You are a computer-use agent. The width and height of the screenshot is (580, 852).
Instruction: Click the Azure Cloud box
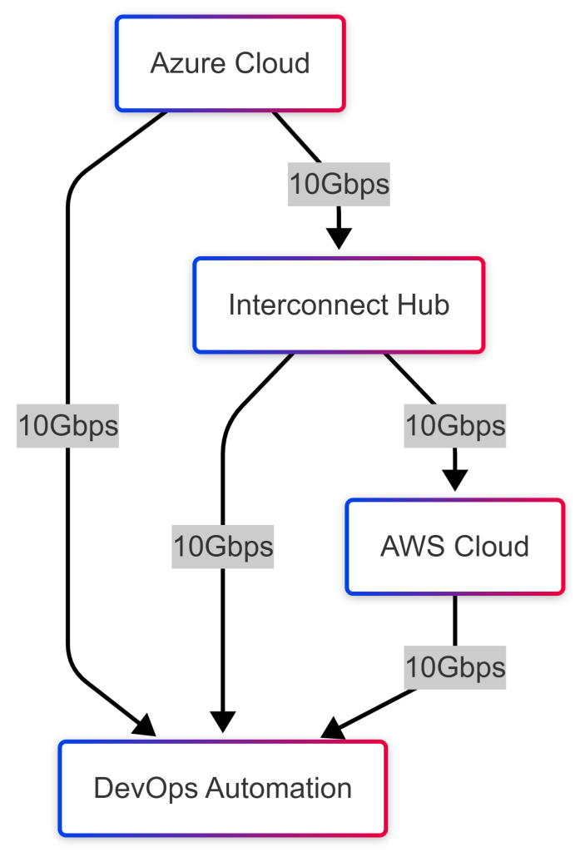(230, 63)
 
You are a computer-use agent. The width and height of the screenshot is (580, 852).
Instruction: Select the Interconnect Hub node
(339, 305)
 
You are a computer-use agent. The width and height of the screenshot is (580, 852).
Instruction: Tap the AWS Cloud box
(454, 547)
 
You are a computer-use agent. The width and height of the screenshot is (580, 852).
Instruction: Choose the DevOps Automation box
(222, 788)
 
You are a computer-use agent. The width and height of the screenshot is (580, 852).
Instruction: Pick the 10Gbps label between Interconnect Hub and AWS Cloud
(454, 426)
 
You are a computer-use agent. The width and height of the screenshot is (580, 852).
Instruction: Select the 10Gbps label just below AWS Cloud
(454, 667)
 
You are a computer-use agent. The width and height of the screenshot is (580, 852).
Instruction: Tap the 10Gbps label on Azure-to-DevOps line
(68, 426)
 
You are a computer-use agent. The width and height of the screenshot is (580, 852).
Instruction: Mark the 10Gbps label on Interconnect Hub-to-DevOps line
(222, 547)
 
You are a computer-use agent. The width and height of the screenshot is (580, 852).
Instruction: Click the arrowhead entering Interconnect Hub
(339, 239)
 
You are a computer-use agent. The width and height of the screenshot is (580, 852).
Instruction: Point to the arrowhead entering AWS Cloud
(454, 480)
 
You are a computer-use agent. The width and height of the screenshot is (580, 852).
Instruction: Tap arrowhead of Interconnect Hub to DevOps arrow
(222, 722)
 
